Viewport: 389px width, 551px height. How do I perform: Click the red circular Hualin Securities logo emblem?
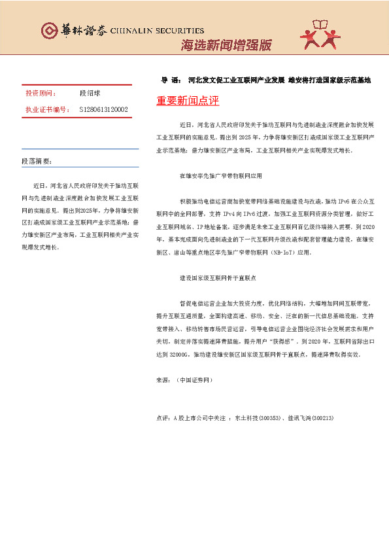coord(50,30)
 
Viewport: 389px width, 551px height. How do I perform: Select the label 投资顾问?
coord(39,94)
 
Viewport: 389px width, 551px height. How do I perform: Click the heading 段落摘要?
coord(37,161)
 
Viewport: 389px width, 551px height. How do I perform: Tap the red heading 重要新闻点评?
coord(188,101)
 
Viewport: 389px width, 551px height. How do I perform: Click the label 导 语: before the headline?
coord(171,80)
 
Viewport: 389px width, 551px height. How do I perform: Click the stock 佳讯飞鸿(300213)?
coord(309,417)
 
